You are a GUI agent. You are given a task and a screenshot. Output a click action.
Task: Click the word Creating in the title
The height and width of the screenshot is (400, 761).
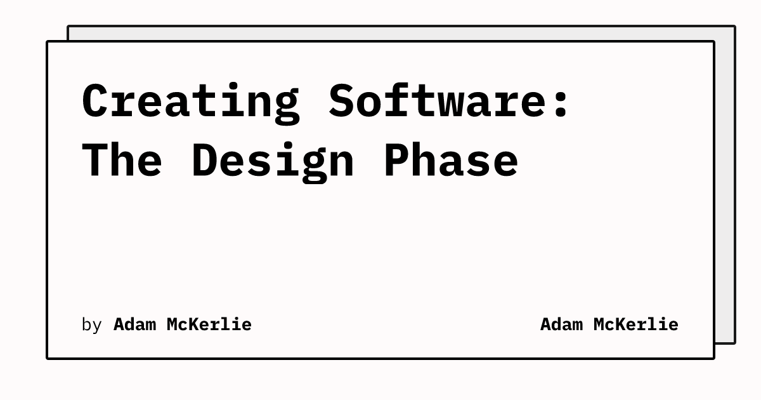tap(190, 102)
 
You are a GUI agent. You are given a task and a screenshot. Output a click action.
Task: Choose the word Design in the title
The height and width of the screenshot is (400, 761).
tap(272, 160)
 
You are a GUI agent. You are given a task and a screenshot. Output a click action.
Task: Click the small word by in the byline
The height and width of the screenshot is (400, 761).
tap(91, 324)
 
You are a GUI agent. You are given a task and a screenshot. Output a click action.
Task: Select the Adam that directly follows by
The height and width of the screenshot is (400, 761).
tap(134, 324)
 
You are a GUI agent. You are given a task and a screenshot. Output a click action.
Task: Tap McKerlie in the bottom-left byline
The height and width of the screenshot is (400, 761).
tap(209, 324)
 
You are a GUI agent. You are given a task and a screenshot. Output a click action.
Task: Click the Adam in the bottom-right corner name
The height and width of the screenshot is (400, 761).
tap(561, 324)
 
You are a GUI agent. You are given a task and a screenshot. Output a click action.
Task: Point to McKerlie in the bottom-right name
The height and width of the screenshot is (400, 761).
tap(635, 324)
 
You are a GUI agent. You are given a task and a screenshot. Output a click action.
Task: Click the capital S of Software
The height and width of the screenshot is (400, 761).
tap(341, 102)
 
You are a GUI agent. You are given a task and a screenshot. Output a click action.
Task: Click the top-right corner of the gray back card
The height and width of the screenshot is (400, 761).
tap(734, 27)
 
